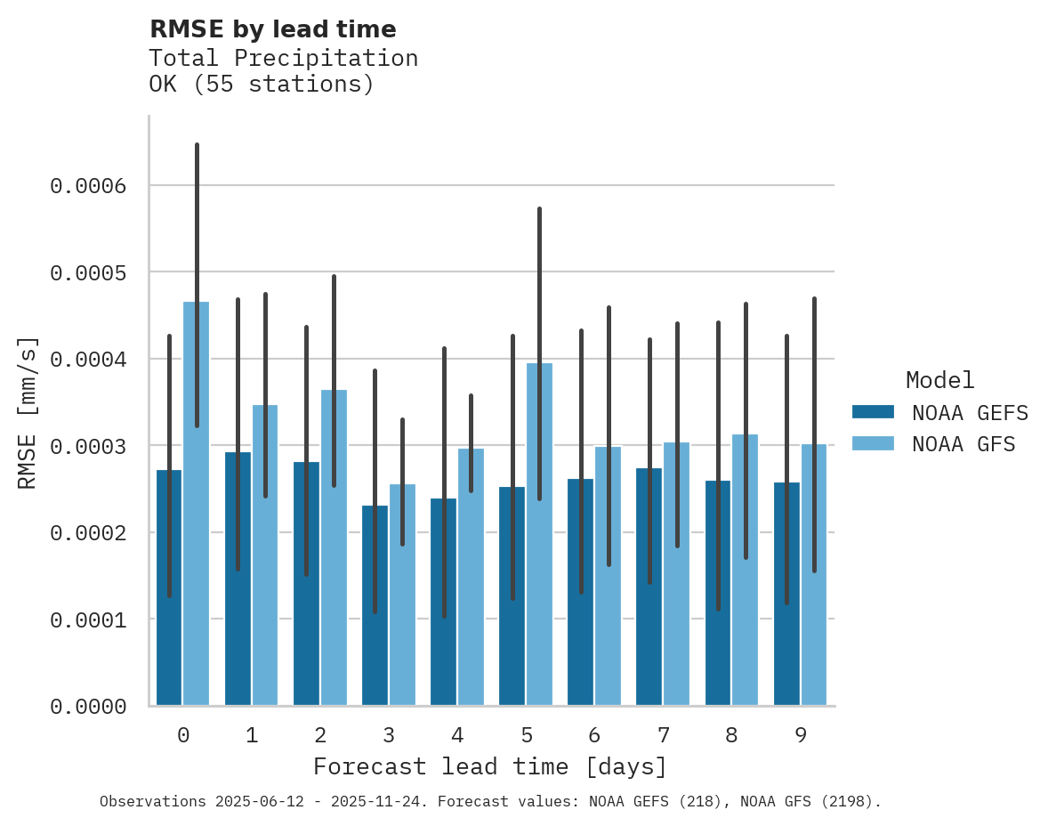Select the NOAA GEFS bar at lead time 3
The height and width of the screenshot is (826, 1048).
[x=375, y=605]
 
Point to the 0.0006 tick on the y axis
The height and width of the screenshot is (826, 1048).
[x=88, y=186]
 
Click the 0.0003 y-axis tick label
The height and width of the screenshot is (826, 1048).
[x=88, y=446]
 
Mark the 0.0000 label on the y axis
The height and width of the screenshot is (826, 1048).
[x=88, y=707]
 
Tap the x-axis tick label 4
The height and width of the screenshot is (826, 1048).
[x=457, y=735]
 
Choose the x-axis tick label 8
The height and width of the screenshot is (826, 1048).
[x=731, y=735]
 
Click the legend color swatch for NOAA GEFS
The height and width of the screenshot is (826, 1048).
[x=873, y=412]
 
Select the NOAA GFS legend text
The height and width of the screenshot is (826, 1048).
[x=963, y=443]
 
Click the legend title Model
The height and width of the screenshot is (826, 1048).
[x=939, y=380]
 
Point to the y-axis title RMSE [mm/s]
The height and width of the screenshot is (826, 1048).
[x=28, y=413]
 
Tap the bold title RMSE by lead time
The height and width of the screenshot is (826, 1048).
[x=272, y=29]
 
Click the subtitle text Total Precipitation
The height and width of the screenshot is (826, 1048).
[x=283, y=58]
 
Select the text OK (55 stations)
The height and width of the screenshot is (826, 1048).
[x=261, y=85]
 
